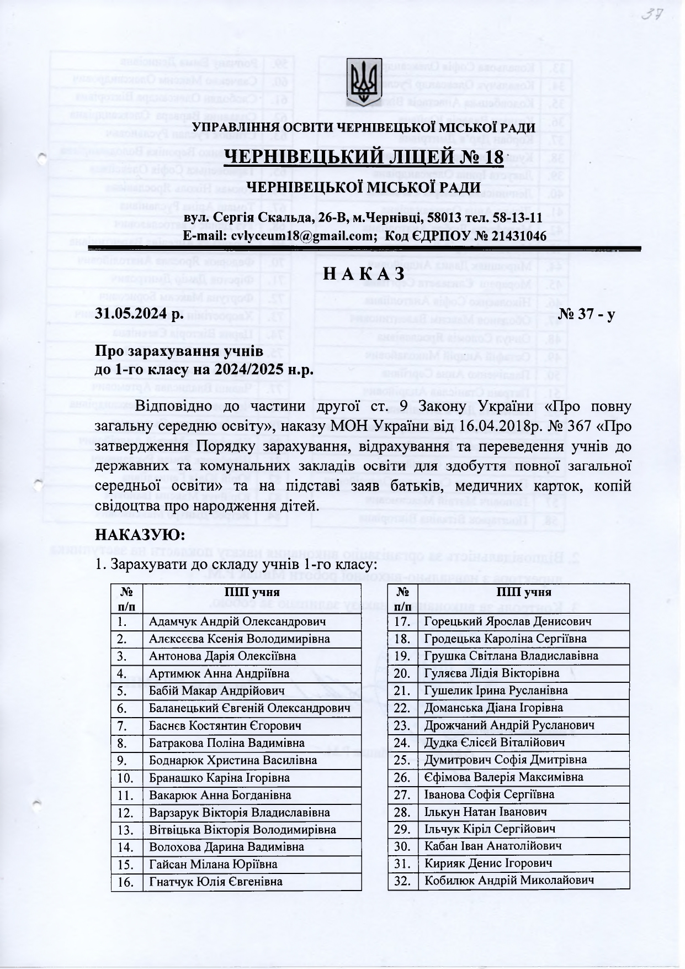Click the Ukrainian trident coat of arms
coord(364,81)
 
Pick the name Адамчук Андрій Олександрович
coord(237,622)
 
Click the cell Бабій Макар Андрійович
coord(217,691)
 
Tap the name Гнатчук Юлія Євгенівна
coord(216,882)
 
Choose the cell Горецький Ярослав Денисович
coord(508,622)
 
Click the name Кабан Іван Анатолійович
coord(493,846)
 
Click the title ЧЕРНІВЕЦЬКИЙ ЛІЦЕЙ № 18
coord(364,158)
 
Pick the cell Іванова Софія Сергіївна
coord(489,794)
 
